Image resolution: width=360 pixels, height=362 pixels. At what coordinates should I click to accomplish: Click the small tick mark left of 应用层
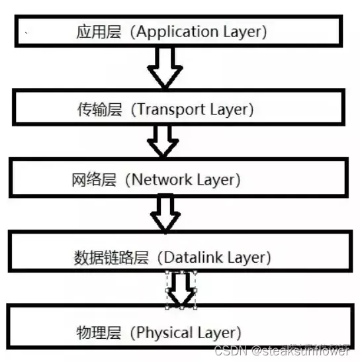click(x=26, y=32)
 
